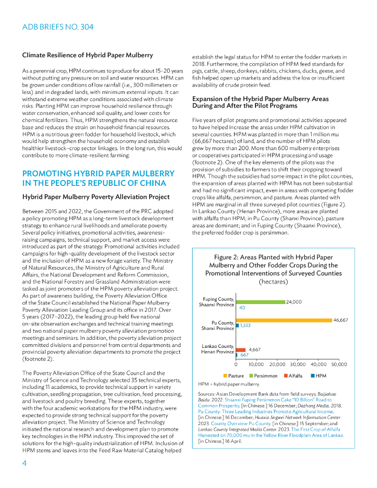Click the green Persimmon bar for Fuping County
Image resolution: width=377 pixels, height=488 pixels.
(x=261, y=302)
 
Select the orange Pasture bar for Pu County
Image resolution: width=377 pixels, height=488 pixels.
(x=284, y=320)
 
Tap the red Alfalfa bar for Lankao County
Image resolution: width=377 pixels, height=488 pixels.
(x=241, y=350)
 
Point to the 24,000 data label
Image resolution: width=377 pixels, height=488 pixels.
(x=294, y=302)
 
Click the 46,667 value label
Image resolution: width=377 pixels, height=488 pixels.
(x=340, y=320)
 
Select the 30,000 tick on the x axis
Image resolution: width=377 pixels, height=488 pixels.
(x=298, y=364)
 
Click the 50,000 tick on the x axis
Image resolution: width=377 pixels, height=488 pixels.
(x=339, y=364)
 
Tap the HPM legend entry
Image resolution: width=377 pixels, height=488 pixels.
(x=318, y=376)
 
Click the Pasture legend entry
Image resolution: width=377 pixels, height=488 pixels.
(x=233, y=376)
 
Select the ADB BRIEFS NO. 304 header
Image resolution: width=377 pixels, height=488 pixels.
(x=58, y=27)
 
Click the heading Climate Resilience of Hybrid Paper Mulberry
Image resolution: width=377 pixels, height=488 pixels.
(x=87, y=55)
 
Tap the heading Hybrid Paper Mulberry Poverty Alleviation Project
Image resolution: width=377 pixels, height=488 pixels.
(x=96, y=196)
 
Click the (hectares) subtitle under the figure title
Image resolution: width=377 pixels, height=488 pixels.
(x=274, y=282)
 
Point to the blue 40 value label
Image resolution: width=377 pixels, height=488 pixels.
(x=242, y=308)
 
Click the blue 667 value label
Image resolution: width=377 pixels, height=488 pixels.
(x=244, y=355)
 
